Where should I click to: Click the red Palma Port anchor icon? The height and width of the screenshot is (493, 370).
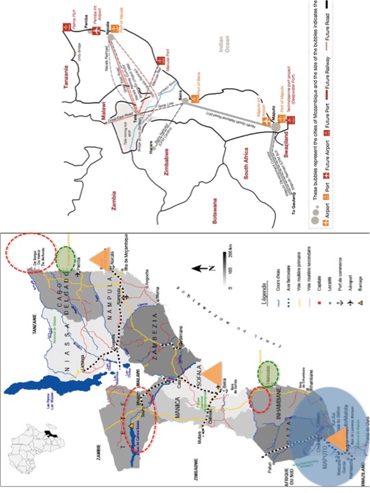point(66,27)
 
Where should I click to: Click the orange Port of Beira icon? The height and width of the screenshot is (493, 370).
point(195,98)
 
